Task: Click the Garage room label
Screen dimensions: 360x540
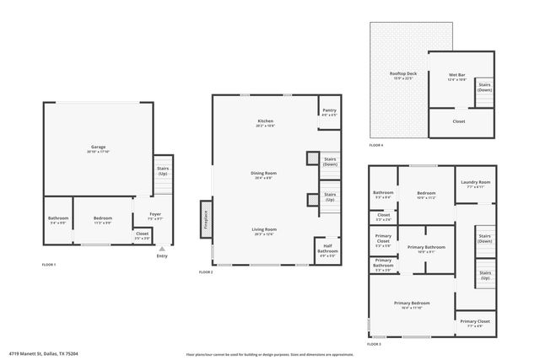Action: pos(98,148)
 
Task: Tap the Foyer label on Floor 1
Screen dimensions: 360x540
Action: pos(155,215)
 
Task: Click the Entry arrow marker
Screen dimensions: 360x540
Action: pos(161,250)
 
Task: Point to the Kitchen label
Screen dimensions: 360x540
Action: pos(266,123)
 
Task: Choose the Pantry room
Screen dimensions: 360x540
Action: pos(328,112)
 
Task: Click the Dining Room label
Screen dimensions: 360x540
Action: pos(265,175)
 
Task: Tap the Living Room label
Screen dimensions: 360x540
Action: pos(265,230)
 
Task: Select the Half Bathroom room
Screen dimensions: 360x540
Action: pos(328,250)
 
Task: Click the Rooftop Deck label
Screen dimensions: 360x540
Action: pos(401,76)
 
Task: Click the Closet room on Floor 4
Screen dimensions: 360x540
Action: pos(459,121)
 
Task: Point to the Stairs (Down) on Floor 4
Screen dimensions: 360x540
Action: pos(485,88)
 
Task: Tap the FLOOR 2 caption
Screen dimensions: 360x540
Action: pos(206,272)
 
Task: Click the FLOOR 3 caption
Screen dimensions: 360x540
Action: pos(374,344)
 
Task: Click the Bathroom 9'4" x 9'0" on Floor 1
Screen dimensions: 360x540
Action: pos(58,221)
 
